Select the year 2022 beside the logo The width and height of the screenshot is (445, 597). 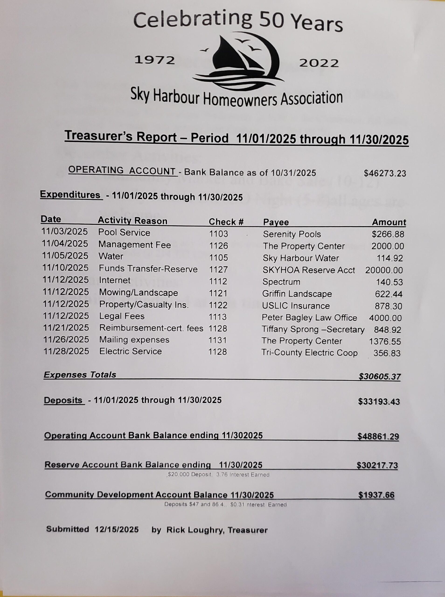(319, 63)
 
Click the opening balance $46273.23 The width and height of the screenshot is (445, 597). (385, 173)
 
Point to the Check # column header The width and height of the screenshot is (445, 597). (226, 222)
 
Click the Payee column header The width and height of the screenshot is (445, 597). (276, 222)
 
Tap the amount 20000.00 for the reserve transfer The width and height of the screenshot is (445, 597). (384, 270)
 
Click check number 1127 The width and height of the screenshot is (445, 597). (219, 270)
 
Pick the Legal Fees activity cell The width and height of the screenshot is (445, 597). (122, 316)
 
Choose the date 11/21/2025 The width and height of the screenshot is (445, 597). (66, 328)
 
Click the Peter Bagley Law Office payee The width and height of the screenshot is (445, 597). (309, 318)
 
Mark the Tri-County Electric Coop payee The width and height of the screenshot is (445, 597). (309, 353)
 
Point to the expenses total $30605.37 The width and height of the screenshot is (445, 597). (379, 377)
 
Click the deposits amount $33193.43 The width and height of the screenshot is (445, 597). (379, 402)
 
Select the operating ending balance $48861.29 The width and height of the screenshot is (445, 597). (378, 437)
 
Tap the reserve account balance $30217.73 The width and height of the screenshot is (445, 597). (377, 465)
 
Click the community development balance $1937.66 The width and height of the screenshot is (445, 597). (376, 495)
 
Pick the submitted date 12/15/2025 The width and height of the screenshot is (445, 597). (117, 529)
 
